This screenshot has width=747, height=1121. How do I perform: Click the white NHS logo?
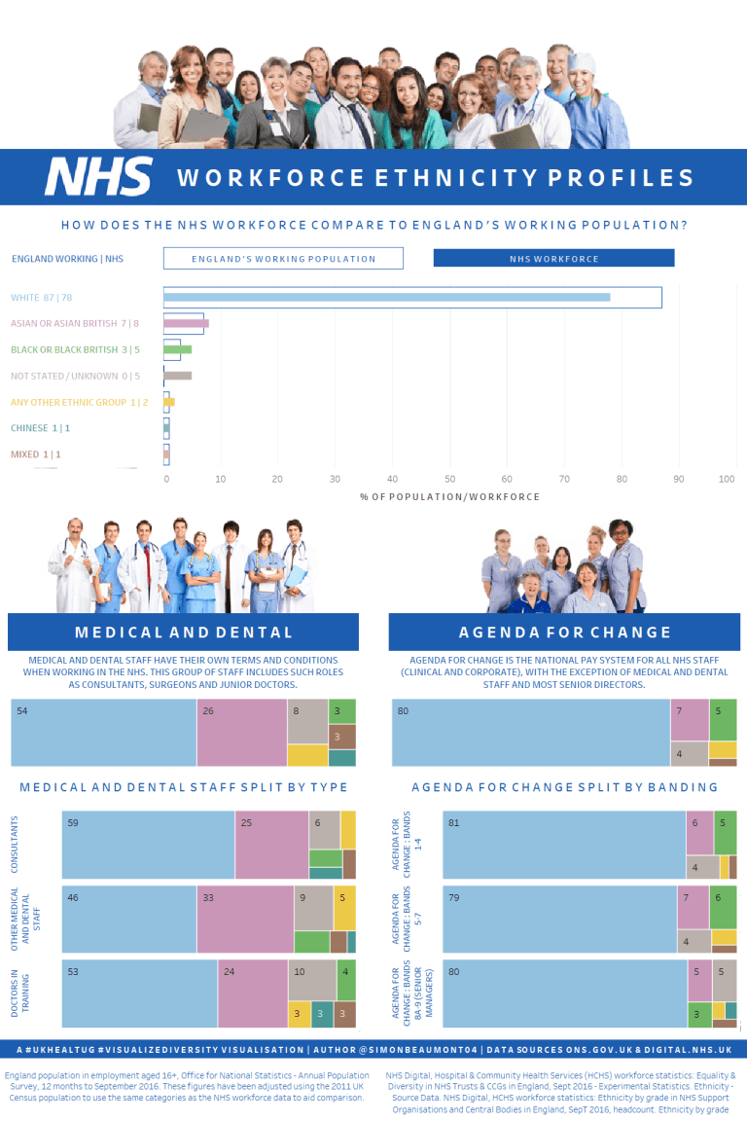click(x=98, y=177)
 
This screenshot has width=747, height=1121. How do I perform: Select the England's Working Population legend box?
click(x=283, y=259)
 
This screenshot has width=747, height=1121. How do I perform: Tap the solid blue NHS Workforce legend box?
click(x=553, y=259)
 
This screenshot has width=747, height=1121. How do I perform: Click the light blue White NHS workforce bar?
click(x=386, y=297)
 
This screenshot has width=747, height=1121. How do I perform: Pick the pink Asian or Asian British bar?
click(x=186, y=323)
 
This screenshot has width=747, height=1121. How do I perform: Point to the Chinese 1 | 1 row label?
click(x=41, y=428)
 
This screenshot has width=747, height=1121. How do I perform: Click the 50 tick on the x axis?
click(x=449, y=479)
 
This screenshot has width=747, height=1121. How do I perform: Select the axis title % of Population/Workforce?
click(x=449, y=497)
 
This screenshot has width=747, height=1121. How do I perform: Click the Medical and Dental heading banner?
click(x=183, y=633)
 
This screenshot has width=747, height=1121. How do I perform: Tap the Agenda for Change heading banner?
click(x=564, y=633)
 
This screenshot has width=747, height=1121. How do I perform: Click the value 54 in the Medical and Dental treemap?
click(x=22, y=711)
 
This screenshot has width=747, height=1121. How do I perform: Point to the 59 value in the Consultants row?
click(x=73, y=823)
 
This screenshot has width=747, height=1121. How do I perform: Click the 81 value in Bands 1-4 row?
click(x=454, y=823)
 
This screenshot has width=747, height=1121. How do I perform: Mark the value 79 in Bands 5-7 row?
click(x=454, y=898)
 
